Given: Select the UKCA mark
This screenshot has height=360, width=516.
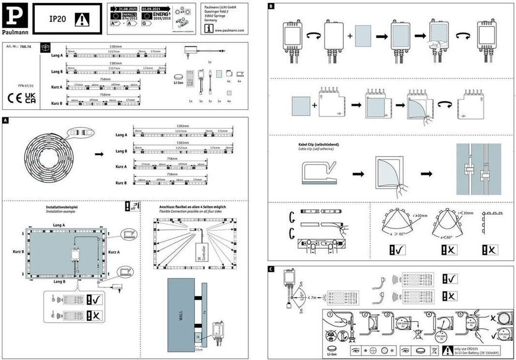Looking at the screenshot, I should tap(30, 97).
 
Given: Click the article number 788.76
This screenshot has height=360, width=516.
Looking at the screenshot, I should tap(26, 46).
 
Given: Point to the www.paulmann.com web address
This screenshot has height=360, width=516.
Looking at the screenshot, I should tap(229, 30).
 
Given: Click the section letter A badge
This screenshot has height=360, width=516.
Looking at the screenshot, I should tap(5, 121).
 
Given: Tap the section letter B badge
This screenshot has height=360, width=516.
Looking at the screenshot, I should tap(271, 7).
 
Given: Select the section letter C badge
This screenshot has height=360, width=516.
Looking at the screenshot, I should tap(271, 269).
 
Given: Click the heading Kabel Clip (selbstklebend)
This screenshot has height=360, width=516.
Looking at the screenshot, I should tap(318, 145).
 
